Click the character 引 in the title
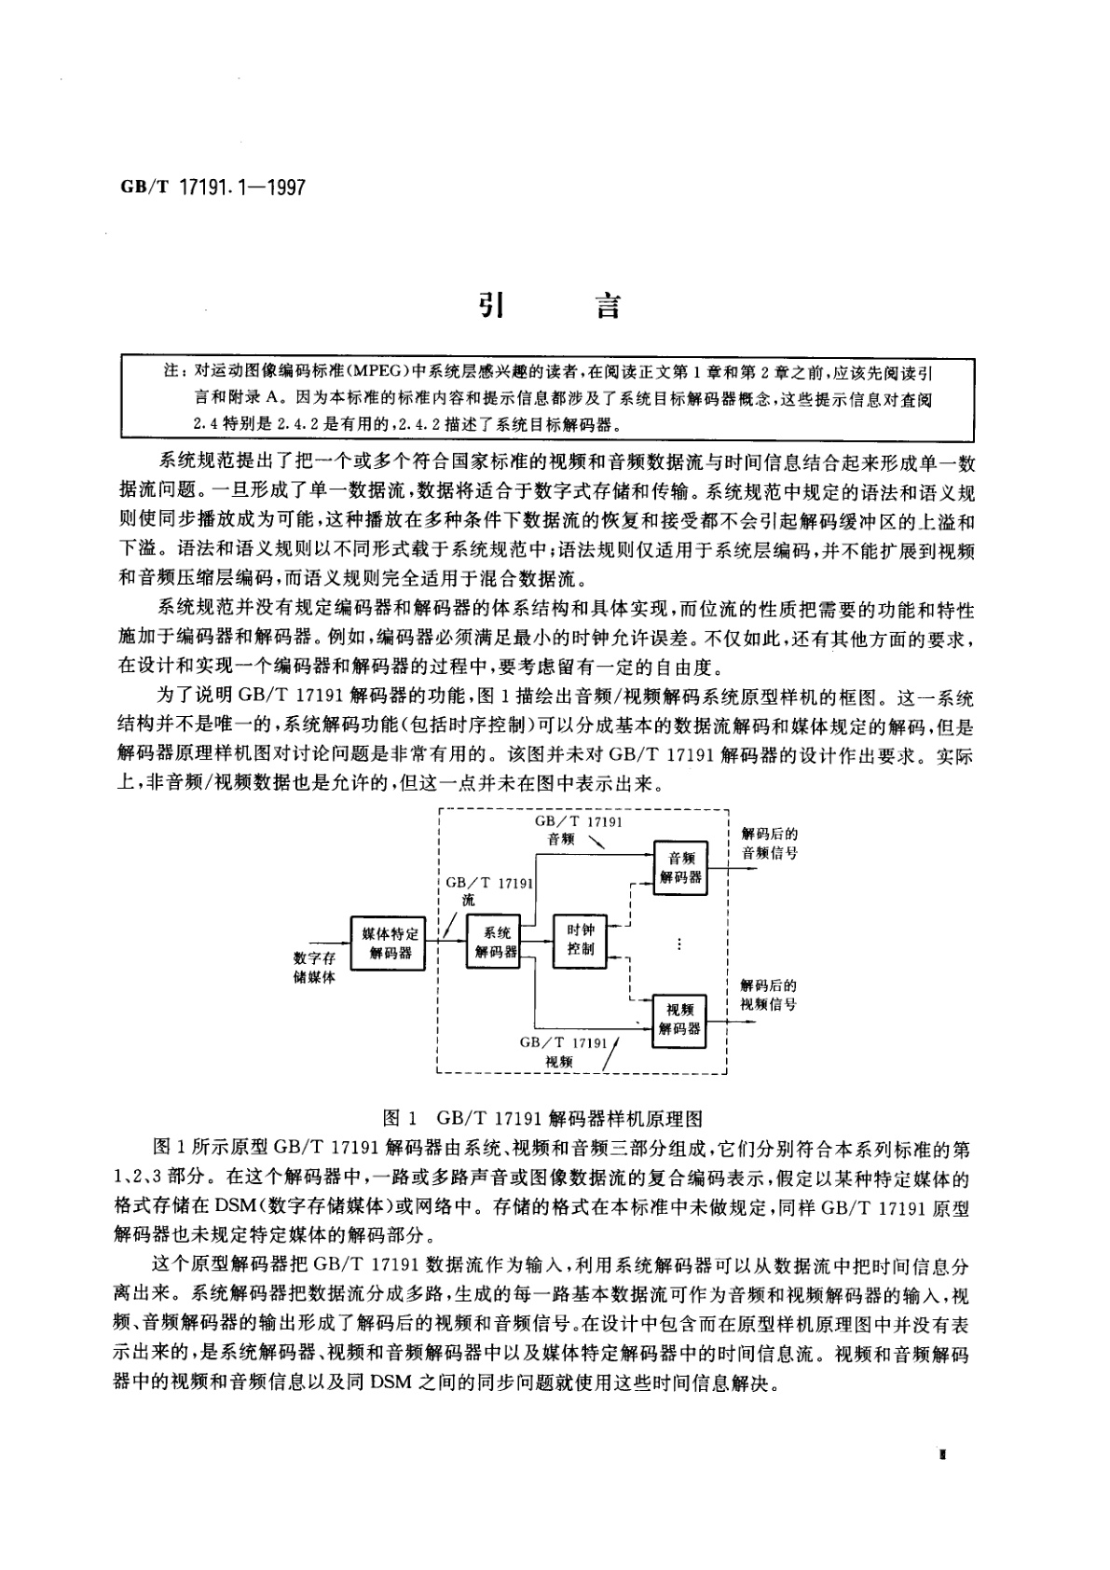click(x=490, y=305)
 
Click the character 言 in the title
click(x=608, y=305)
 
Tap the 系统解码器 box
click(x=496, y=942)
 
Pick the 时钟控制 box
click(x=581, y=940)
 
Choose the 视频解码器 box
click(x=679, y=1019)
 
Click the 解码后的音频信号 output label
click(x=769, y=843)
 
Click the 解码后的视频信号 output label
click(x=769, y=995)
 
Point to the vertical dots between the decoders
click(x=680, y=944)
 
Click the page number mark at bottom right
click(x=943, y=1453)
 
